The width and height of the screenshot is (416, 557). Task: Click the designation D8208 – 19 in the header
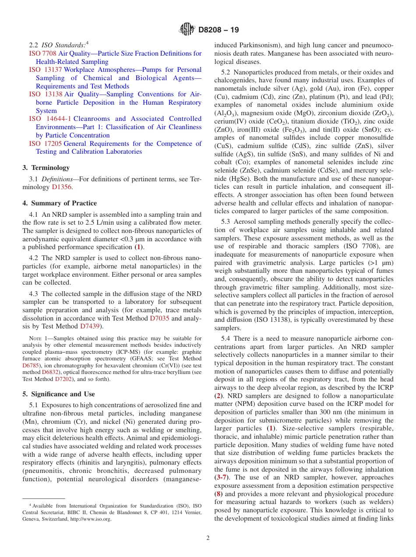pyautogui.click(x=219, y=30)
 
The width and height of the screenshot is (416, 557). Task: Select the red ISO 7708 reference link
pyautogui.click(x=43, y=53)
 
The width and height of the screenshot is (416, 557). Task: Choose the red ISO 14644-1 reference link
pyautogui.click(x=50, y=119)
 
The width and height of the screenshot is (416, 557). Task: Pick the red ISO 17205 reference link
pyautogui.click(x=46, y=143)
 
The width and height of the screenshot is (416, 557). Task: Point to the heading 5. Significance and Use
pyautogui.click(x=58, y=394)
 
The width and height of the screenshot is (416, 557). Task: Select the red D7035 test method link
pyautogui.click(x=159, y=318)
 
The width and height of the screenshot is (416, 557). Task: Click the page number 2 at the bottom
pyautogui.click(x=208, y=538)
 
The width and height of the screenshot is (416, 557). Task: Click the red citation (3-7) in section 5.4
pyautogui.click(x=221, y=477)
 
